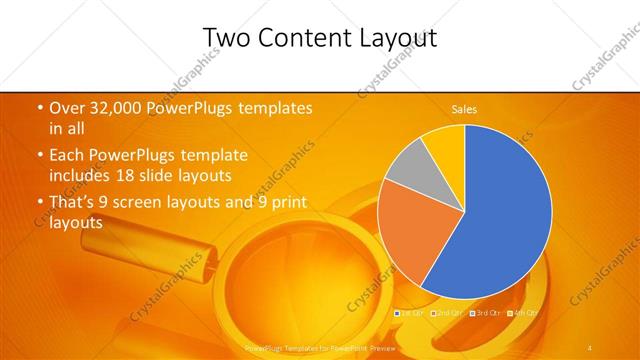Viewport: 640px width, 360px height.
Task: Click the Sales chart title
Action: [464, 108]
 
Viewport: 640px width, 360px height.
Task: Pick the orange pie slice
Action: [405, 230]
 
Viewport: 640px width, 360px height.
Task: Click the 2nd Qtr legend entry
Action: [446, 314]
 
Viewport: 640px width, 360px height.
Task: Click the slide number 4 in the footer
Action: [590, 346]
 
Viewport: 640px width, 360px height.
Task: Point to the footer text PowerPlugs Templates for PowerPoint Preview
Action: [320, 346]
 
